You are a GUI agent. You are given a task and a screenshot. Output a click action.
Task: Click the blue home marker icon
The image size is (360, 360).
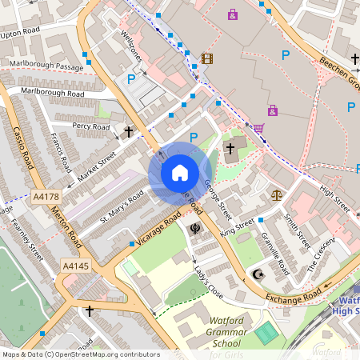point(180,173)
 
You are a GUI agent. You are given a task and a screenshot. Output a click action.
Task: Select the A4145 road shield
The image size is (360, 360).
point(75,264)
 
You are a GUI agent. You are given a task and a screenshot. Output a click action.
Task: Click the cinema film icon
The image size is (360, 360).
point(207,58)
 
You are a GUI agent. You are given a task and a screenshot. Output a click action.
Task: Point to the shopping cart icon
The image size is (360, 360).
point(258,127)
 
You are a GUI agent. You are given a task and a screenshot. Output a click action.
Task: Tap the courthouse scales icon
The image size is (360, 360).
point(277,194)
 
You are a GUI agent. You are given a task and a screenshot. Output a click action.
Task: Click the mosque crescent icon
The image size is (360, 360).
point(258,274)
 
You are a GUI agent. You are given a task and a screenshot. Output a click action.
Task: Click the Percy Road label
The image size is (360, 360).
point(90,126)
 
